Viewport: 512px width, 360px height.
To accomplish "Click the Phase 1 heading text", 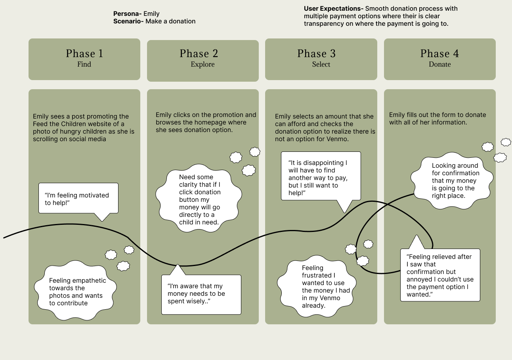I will point(84,54).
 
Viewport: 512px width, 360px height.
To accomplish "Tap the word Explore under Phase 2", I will point(203,64).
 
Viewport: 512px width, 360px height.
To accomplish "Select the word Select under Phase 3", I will point(321,64).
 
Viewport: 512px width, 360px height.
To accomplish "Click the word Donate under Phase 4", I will point(439,64).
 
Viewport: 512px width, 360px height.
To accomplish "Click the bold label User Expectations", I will point(333,8).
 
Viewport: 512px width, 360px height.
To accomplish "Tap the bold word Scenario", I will point(128,21).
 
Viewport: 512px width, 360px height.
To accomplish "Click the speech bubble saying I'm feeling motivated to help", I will point(78,198).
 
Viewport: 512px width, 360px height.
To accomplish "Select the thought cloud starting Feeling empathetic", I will point(75,291).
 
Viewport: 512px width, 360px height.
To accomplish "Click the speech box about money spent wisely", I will point(201,294).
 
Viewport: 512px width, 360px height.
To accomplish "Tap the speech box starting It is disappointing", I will point(321,177).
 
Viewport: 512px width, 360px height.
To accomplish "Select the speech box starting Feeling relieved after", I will point(440,275).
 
